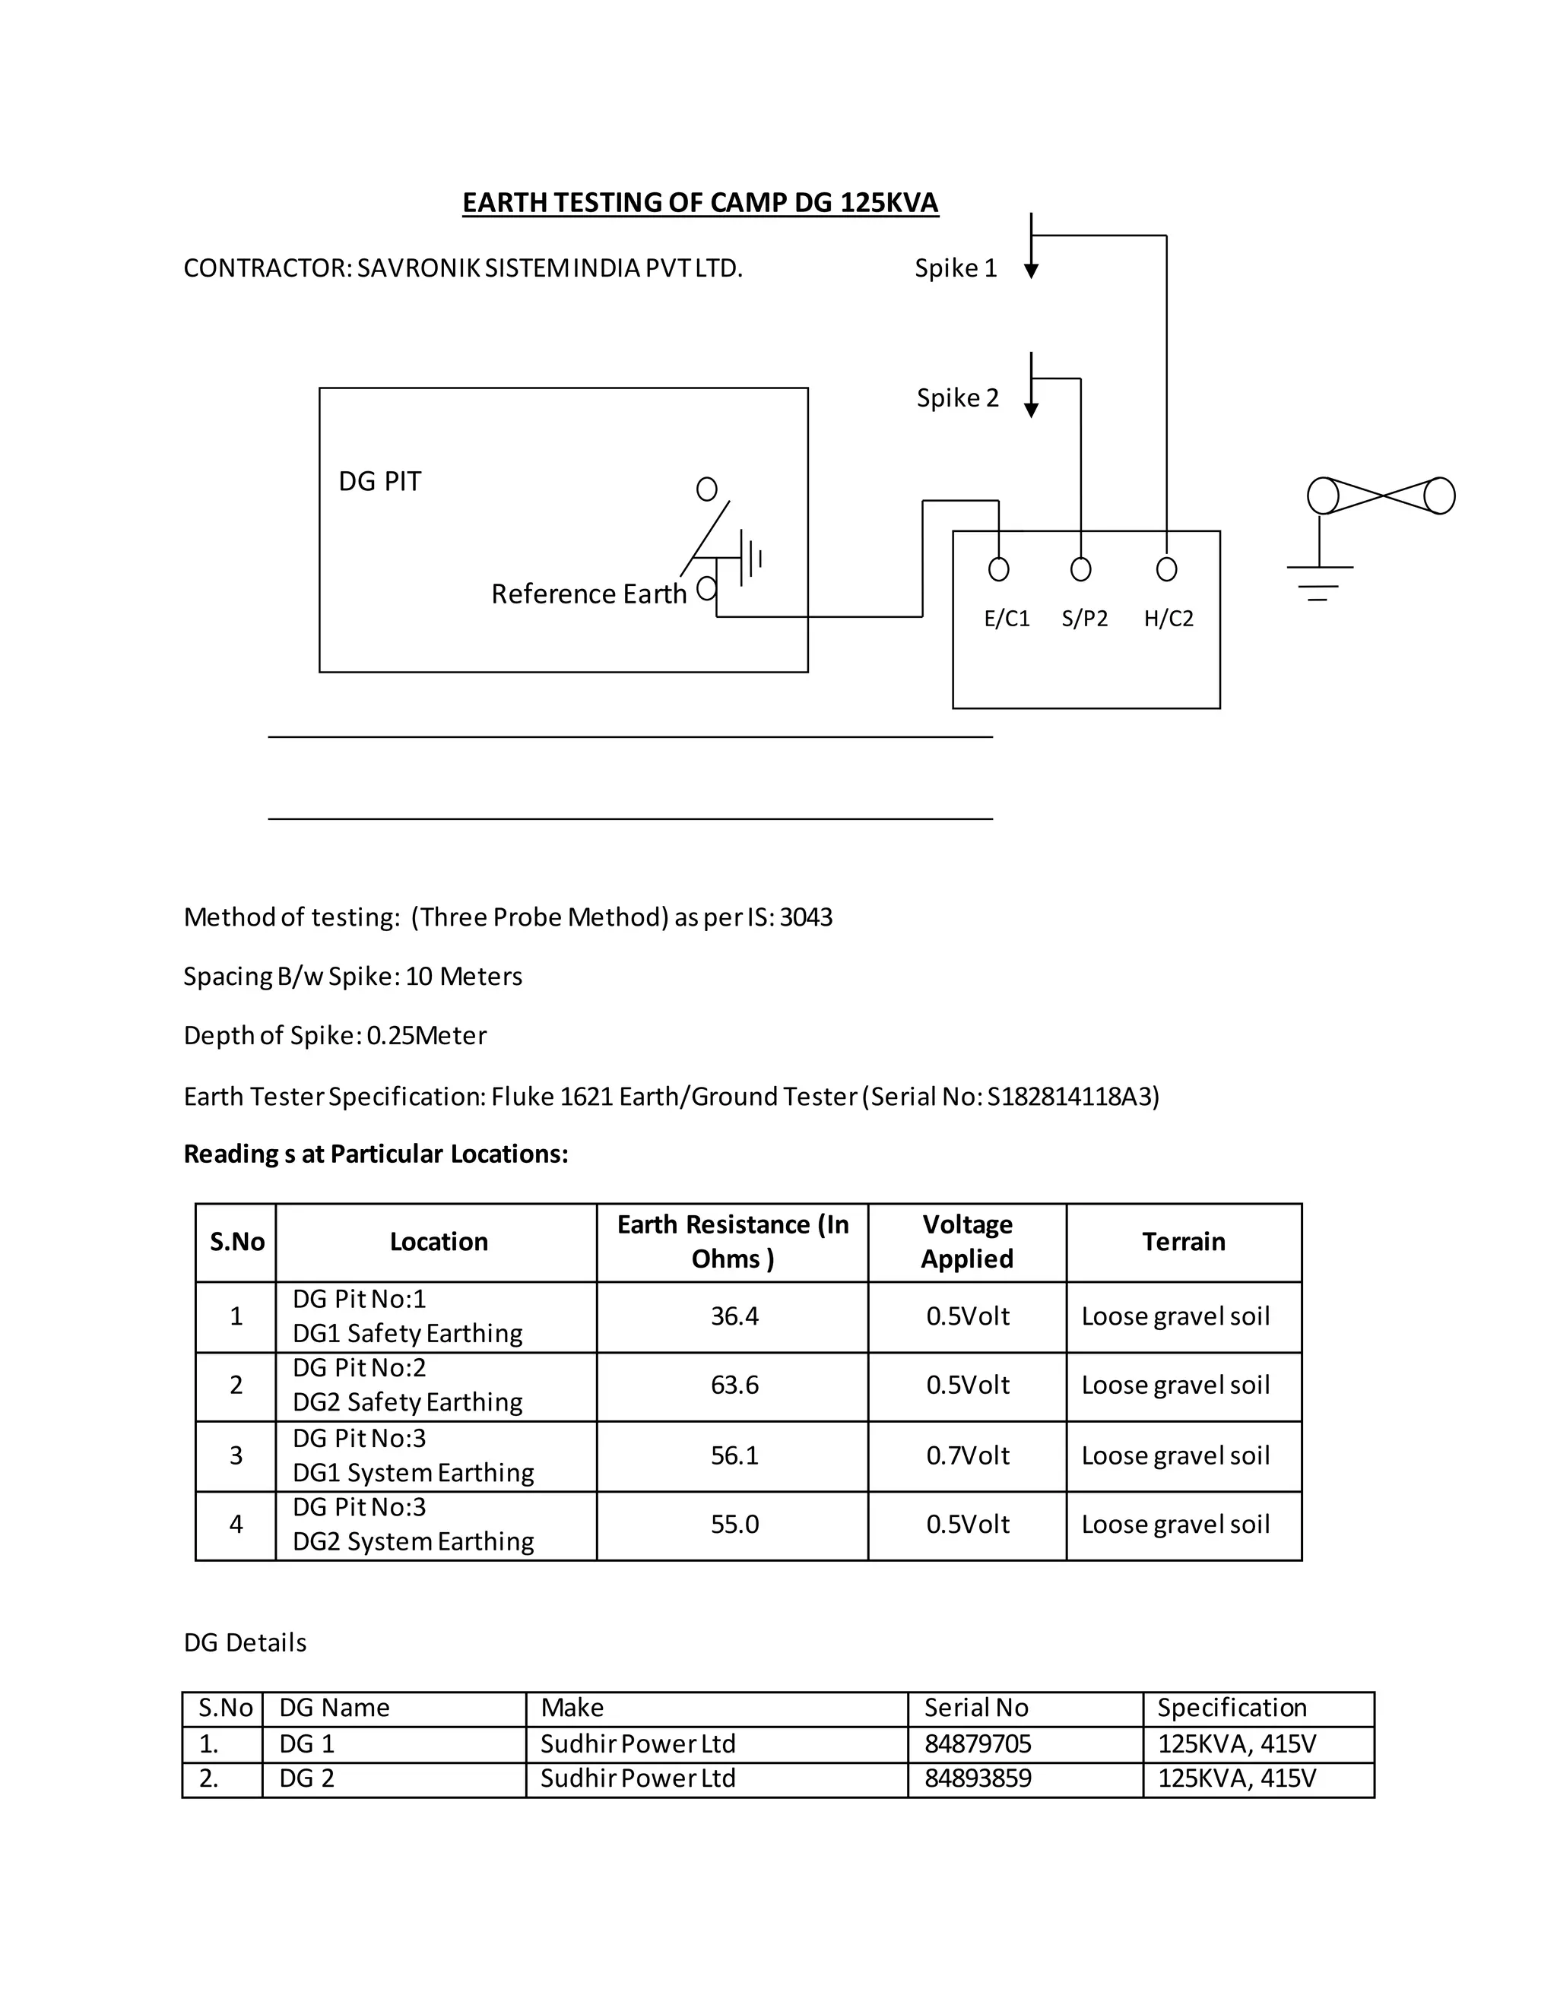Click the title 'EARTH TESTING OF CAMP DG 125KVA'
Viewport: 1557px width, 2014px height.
coord(700,203)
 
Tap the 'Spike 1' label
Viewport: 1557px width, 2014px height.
coord(956,268)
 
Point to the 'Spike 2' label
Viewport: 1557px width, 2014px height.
coord(957,398)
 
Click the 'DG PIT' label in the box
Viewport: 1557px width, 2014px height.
coord(379,481)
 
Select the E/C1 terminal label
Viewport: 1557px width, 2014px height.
coord(1007,618)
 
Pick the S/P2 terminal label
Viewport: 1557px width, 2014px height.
coord(1084,618)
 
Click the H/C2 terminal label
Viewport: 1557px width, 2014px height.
coord(1169,618)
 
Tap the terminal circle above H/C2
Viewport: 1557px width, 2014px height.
coord(1167,569)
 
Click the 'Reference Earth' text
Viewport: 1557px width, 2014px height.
coord(588,594)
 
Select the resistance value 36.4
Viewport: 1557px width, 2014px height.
coord(734,1316)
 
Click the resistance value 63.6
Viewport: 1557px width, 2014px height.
coord(734,1385)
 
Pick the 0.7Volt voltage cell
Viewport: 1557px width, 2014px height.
coord(968,1455)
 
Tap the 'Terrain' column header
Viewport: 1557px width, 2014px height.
coord(1184,1242)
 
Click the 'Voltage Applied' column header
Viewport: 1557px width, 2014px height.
coord(967,1241)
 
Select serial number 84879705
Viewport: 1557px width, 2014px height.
coord(978,1743)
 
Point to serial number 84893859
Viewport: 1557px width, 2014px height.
coord(978,1778)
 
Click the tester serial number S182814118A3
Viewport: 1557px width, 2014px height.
coord(1069,1097)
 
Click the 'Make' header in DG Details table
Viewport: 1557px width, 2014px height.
coord(572,1708)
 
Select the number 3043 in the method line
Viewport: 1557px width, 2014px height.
coord(805,917)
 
